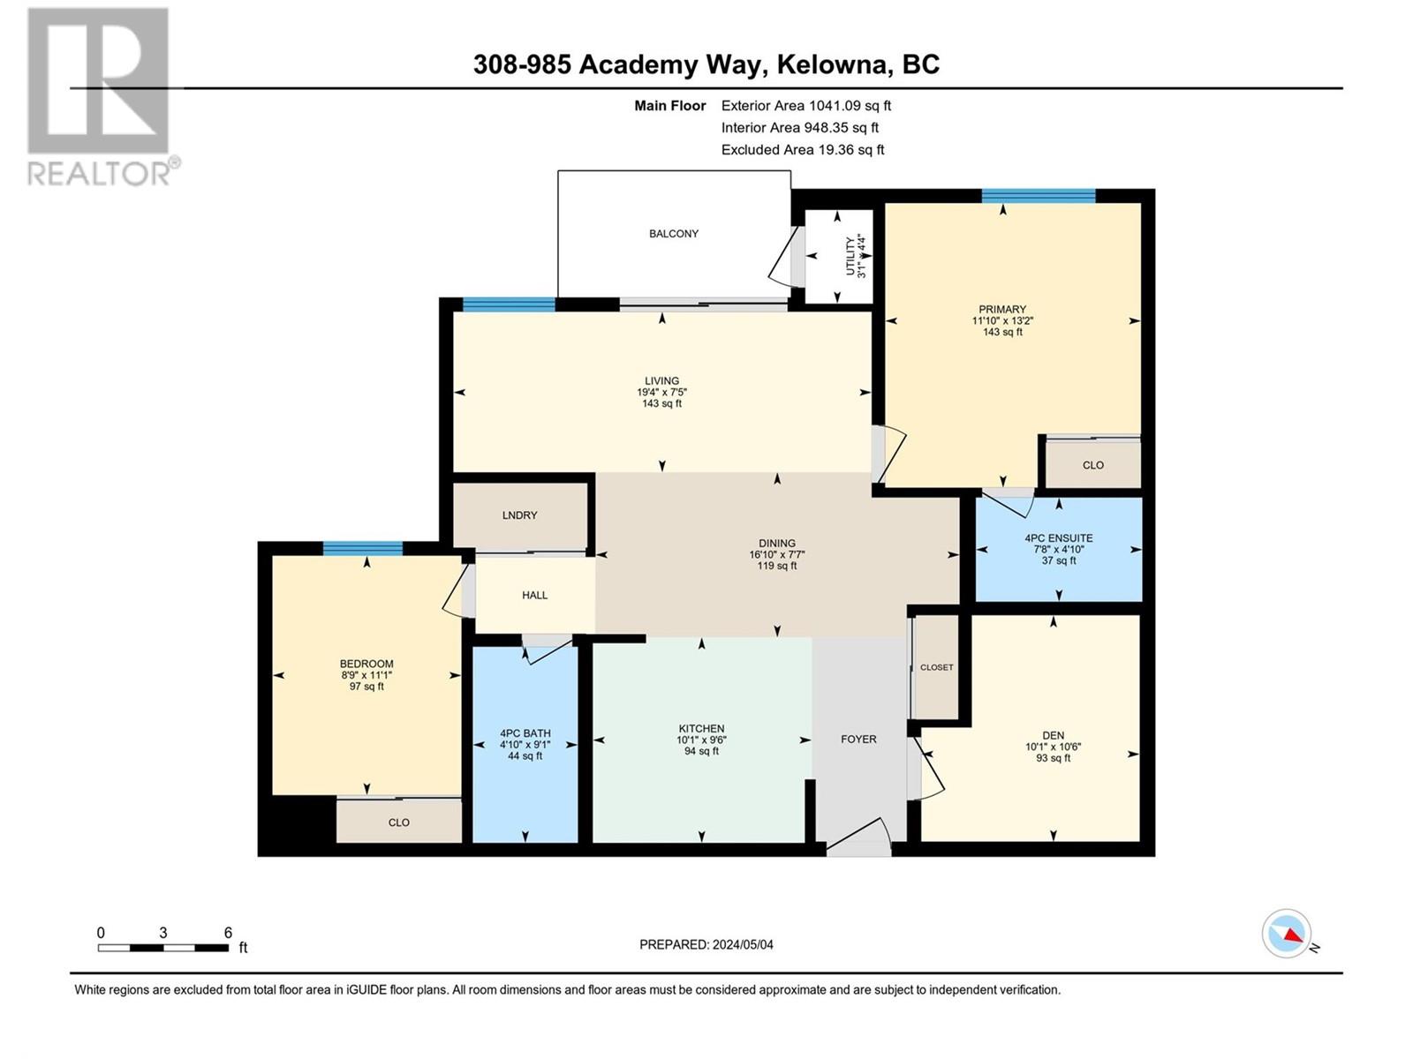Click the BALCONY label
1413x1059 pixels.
[x=674, y=234]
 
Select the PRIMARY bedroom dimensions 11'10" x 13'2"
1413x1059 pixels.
[x=1002, y=321]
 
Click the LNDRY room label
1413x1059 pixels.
[x=519, y=515]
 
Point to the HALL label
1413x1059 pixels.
[x=534, y=596]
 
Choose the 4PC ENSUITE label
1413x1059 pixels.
[x=1058, y=537]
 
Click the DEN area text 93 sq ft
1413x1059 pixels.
[x=1053, y=758]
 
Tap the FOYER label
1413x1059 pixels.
[x=858, y=740]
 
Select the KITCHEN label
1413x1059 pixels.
[x=701, y=729]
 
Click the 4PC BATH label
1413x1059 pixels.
[x=525, y=733]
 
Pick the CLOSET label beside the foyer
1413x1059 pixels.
[x=936, y=668]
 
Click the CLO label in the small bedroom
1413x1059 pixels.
[x=398, y=822]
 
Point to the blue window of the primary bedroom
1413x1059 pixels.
[x=1038, y=196]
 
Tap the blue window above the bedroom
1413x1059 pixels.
[x=362, y=548]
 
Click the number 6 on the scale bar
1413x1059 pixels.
[x=228, y=933]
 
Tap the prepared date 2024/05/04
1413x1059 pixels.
[x=743, y=944]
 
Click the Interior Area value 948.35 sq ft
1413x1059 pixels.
[x=841, y=128]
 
